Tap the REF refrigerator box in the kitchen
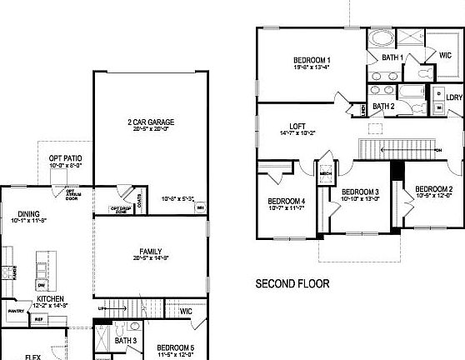click(39, 318)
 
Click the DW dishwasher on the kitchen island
click(40, 284)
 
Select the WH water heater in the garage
click(200, 208)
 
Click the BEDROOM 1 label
click(312, 60)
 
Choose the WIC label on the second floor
click(445, 55)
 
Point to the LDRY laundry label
click(454, 97)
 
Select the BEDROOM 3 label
click(360, 192)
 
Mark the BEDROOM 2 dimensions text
click(433, 196)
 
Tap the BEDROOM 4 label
click(286, 201)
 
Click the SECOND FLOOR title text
click(292, 283)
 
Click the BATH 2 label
click(383, 106)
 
